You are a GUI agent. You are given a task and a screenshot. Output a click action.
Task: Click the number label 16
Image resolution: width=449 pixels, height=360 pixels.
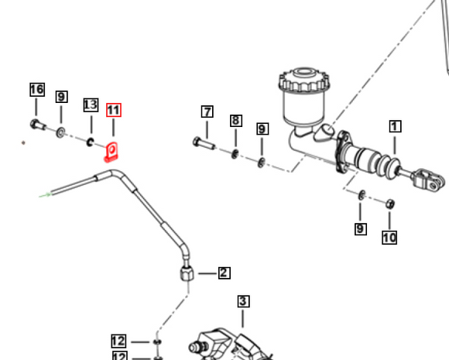37,90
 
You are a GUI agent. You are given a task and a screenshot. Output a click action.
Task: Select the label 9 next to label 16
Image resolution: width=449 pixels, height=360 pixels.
61,98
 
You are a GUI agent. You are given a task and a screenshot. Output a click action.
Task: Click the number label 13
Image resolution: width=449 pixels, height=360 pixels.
91,105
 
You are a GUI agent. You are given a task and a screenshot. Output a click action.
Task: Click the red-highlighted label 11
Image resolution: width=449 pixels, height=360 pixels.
114,110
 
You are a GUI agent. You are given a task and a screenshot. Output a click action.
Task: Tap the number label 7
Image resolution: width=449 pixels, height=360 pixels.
207,111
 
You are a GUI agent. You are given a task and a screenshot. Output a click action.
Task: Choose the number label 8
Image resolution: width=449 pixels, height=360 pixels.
235,121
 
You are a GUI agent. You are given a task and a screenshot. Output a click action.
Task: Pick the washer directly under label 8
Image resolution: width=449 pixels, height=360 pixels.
235,153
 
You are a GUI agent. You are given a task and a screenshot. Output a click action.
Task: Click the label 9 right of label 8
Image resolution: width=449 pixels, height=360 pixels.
262,129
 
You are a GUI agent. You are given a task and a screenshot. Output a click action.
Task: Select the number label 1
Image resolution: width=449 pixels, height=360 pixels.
396,126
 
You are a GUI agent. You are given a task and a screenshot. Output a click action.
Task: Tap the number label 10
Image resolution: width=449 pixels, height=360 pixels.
389,238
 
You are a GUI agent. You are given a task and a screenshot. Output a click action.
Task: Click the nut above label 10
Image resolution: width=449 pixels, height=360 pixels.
390,204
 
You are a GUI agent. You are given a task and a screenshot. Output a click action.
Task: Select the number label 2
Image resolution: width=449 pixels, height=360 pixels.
224,273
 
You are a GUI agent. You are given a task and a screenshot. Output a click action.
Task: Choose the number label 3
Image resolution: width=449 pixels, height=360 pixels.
243,301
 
